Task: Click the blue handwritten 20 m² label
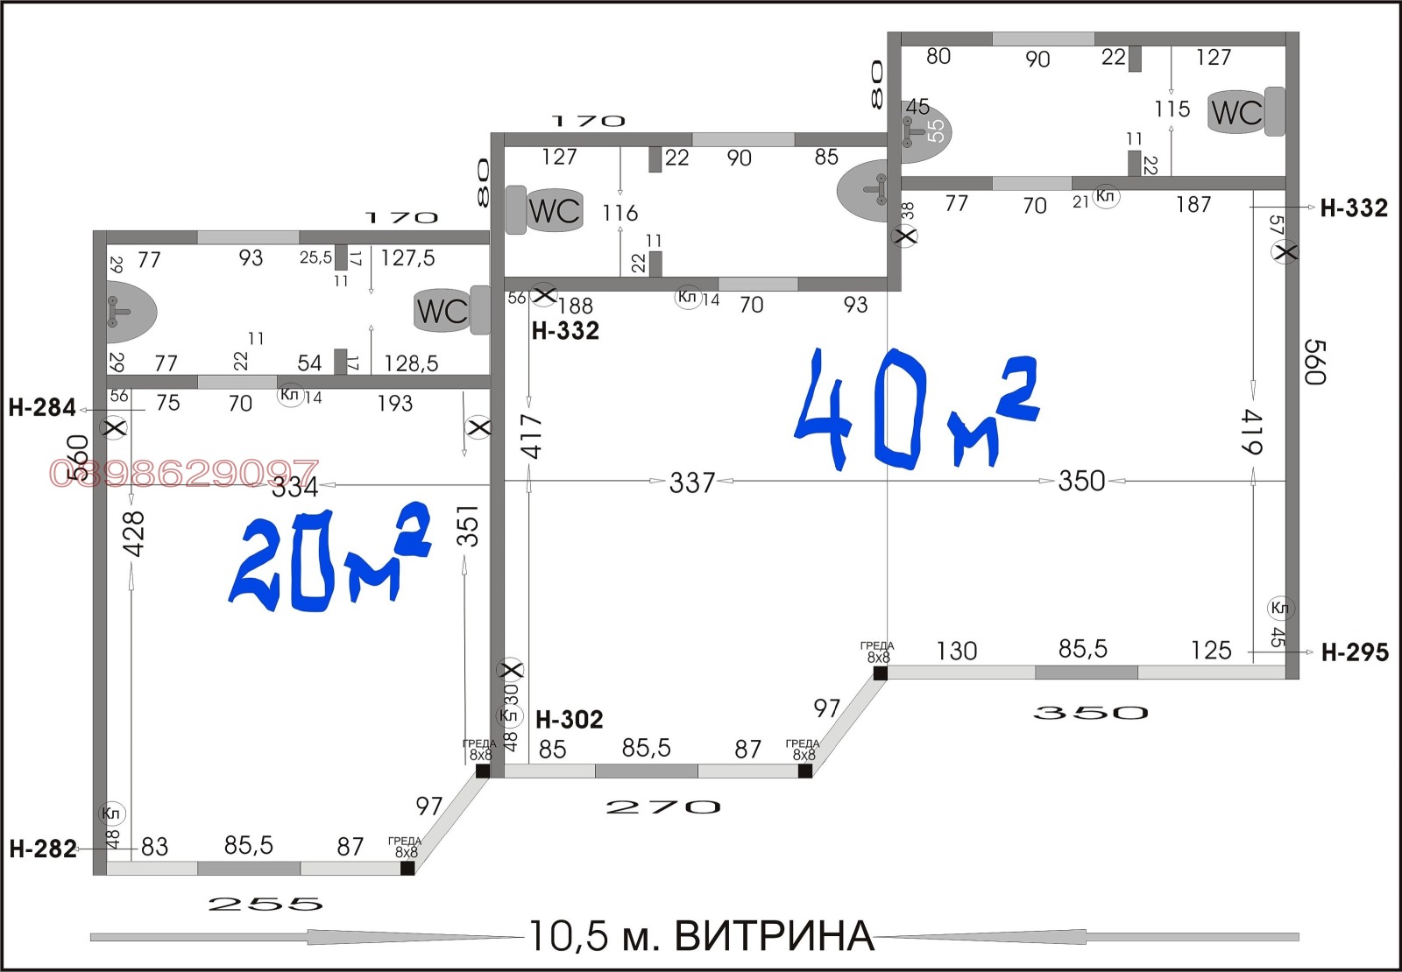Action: click(329, 560)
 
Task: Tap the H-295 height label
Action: click(1354, 652)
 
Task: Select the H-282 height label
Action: click(42, 849)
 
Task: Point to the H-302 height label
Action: click(569, 720)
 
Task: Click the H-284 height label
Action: click(41, 407)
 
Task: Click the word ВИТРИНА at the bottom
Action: click(775, 936)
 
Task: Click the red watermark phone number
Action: click(184, 474)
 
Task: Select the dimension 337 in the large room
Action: click(692, 482)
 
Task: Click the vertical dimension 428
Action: click(133, 533)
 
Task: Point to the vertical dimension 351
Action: click(469, 525)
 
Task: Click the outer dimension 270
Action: click(663, 807)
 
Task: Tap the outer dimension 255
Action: click(266, 905)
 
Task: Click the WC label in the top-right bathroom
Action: click(1236, 112)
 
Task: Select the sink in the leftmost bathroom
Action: click(130, 311)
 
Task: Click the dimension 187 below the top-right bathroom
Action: click(1193, 205)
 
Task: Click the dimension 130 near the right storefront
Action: click(956, 651)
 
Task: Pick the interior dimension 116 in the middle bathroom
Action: click(620, 213)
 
